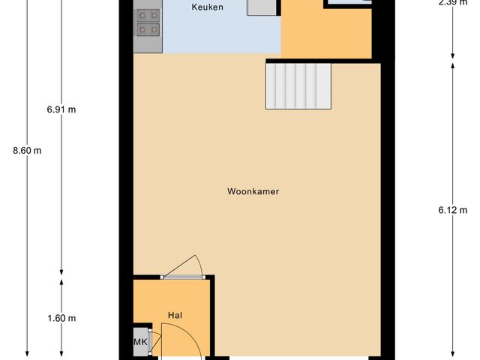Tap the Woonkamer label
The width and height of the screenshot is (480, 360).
point(253,191)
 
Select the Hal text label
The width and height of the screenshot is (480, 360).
point(175,316)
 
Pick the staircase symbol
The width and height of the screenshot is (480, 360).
point(298,86)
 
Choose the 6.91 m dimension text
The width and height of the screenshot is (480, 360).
point(61,109)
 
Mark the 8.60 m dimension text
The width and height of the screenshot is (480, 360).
point(27,150)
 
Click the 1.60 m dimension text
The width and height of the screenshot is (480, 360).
point(61,318)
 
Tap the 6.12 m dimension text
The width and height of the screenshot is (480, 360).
point(452,210)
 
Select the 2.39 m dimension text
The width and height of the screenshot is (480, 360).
point(452,2)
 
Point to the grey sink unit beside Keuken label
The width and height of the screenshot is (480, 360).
point(262,7)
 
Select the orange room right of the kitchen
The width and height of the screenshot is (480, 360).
point(326,34)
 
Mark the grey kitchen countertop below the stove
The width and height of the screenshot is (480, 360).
point(148,45)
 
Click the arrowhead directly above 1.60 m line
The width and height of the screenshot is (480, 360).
point(61,282)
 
